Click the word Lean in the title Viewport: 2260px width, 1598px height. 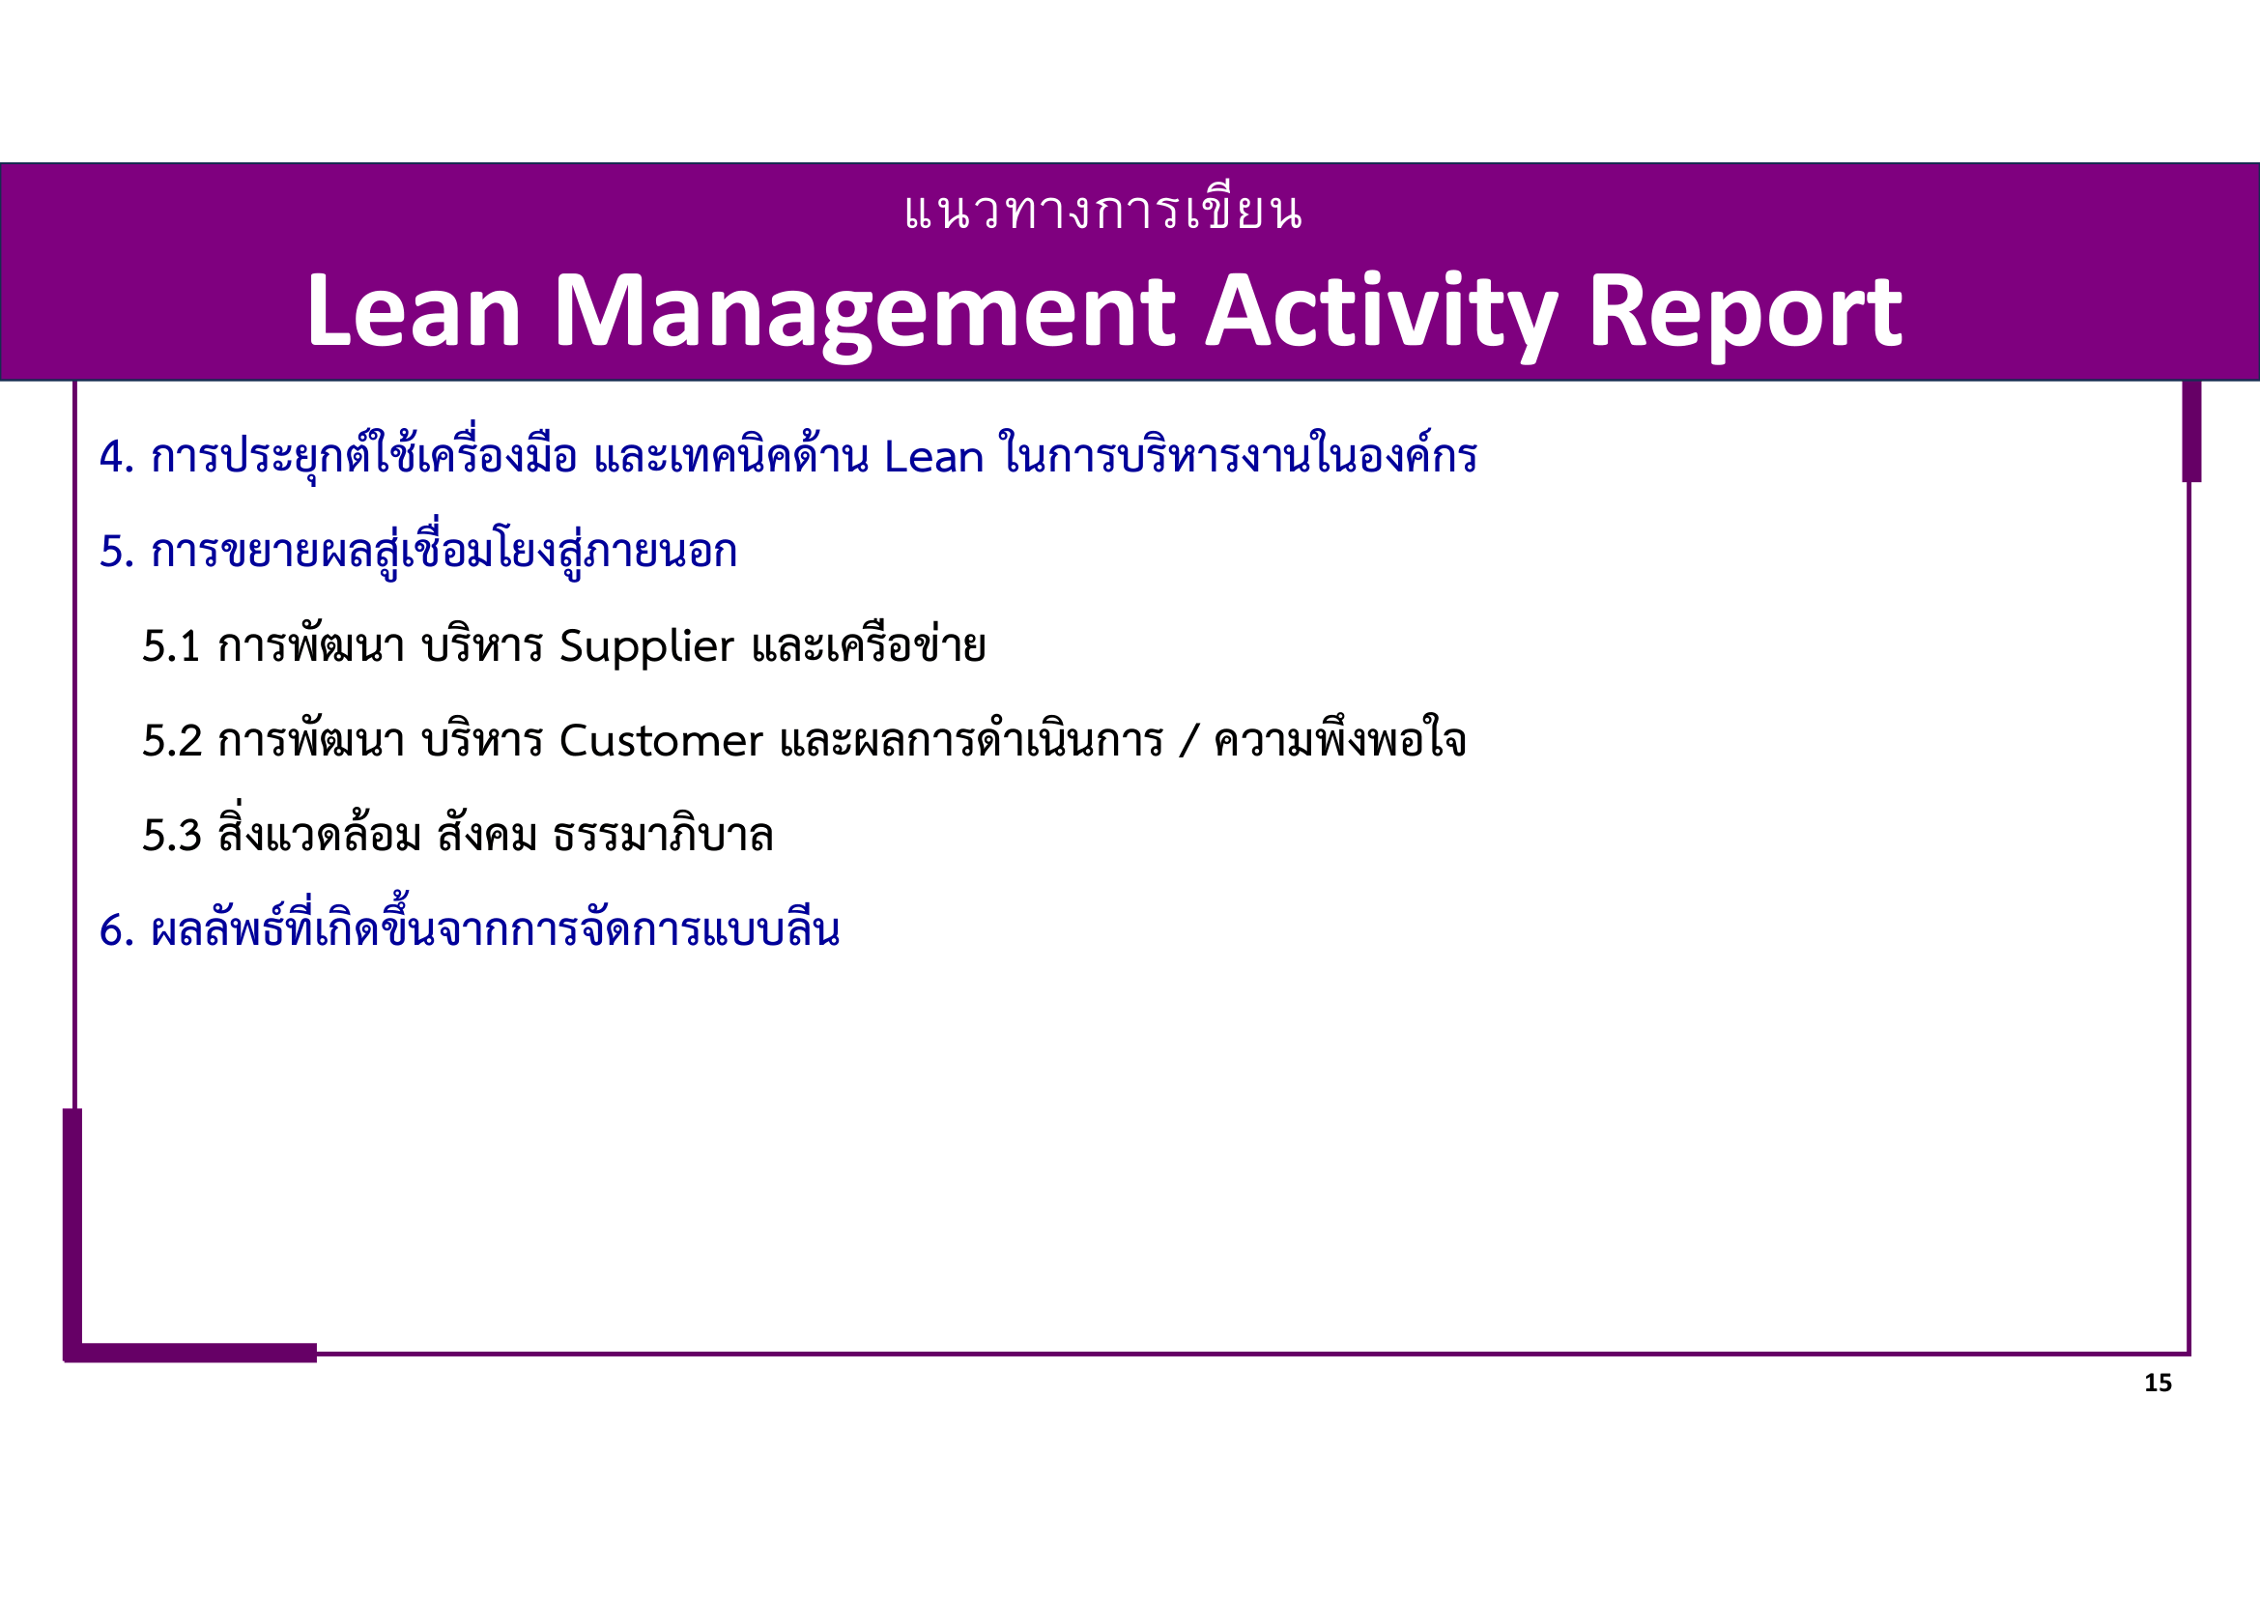click(x=414, y=313)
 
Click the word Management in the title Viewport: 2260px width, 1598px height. click(x=863, y=313)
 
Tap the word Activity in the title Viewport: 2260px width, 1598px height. click(x=1381, y=313)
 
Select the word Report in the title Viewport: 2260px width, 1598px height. click(x=1744, y=313)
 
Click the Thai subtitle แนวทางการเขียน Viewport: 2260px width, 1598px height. click(x=1103, y=213)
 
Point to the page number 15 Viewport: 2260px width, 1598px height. click(x=2158, y=1384)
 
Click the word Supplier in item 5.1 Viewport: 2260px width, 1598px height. click(x=645, y=647)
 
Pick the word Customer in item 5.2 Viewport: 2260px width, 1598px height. click(x=661, y=742)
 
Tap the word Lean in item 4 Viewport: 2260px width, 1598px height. click(x=933, y=458)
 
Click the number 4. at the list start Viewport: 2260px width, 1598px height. click(x=116, y=458)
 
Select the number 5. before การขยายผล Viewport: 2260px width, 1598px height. click(x=116, y=552)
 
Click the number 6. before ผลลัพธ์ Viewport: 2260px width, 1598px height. click(x=116, y=930)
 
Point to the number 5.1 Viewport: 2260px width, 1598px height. click(x=171, y=647)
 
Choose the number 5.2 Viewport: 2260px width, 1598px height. click(x=171, y=742)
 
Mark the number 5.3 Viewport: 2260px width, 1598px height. click(x=171, y=837)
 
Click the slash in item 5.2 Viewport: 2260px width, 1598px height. click(x=1189, y=742)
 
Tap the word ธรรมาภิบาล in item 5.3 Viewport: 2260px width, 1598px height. click(x=663, y=837)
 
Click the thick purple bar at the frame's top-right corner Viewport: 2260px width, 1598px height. click(x=2191, y=431)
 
